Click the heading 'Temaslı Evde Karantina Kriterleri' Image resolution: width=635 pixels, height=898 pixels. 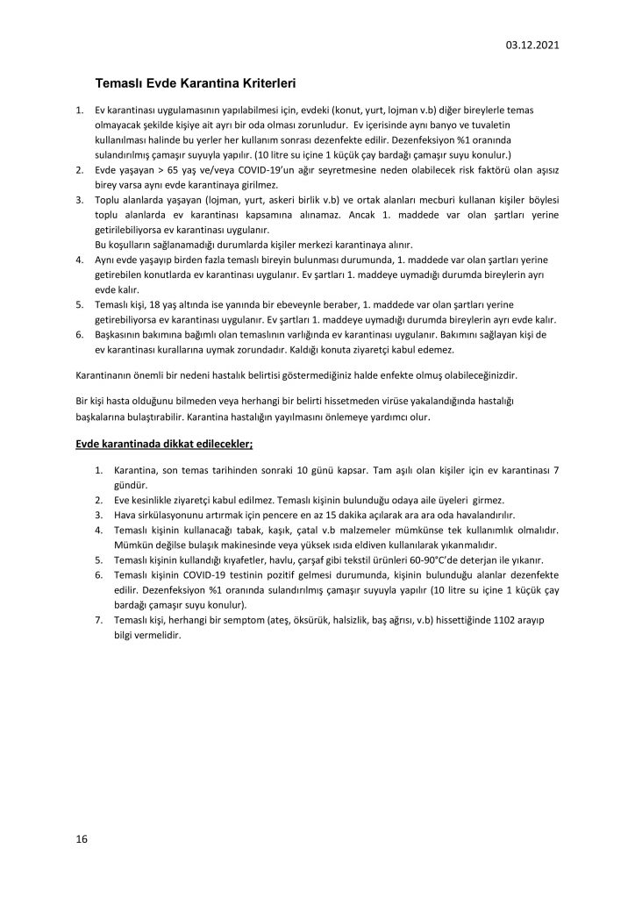click(x=195, y=85)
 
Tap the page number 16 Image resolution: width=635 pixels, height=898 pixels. click(x=81, y=839)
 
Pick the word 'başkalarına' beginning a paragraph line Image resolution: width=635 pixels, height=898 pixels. click(x=100, y=417)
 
